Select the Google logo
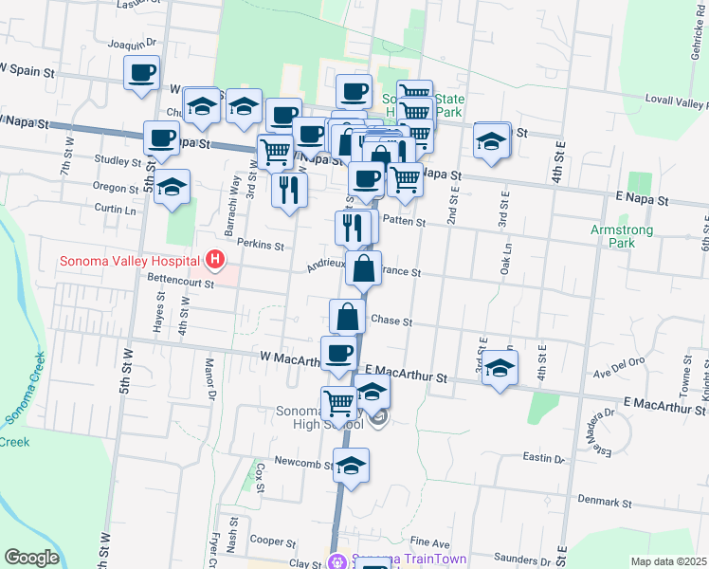click(31, 558)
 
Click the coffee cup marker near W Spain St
click(142, 72)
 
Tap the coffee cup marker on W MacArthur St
click(338, 354)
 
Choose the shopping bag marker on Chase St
click(348, 316)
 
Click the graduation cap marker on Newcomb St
click(351, 466)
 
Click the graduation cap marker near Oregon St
click(173, 187)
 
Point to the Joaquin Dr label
click(132, 44)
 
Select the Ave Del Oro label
click(621, 362)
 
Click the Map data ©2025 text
click(668, 561)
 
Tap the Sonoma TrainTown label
click(409, 560)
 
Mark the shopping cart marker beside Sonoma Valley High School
click(338, 402)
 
